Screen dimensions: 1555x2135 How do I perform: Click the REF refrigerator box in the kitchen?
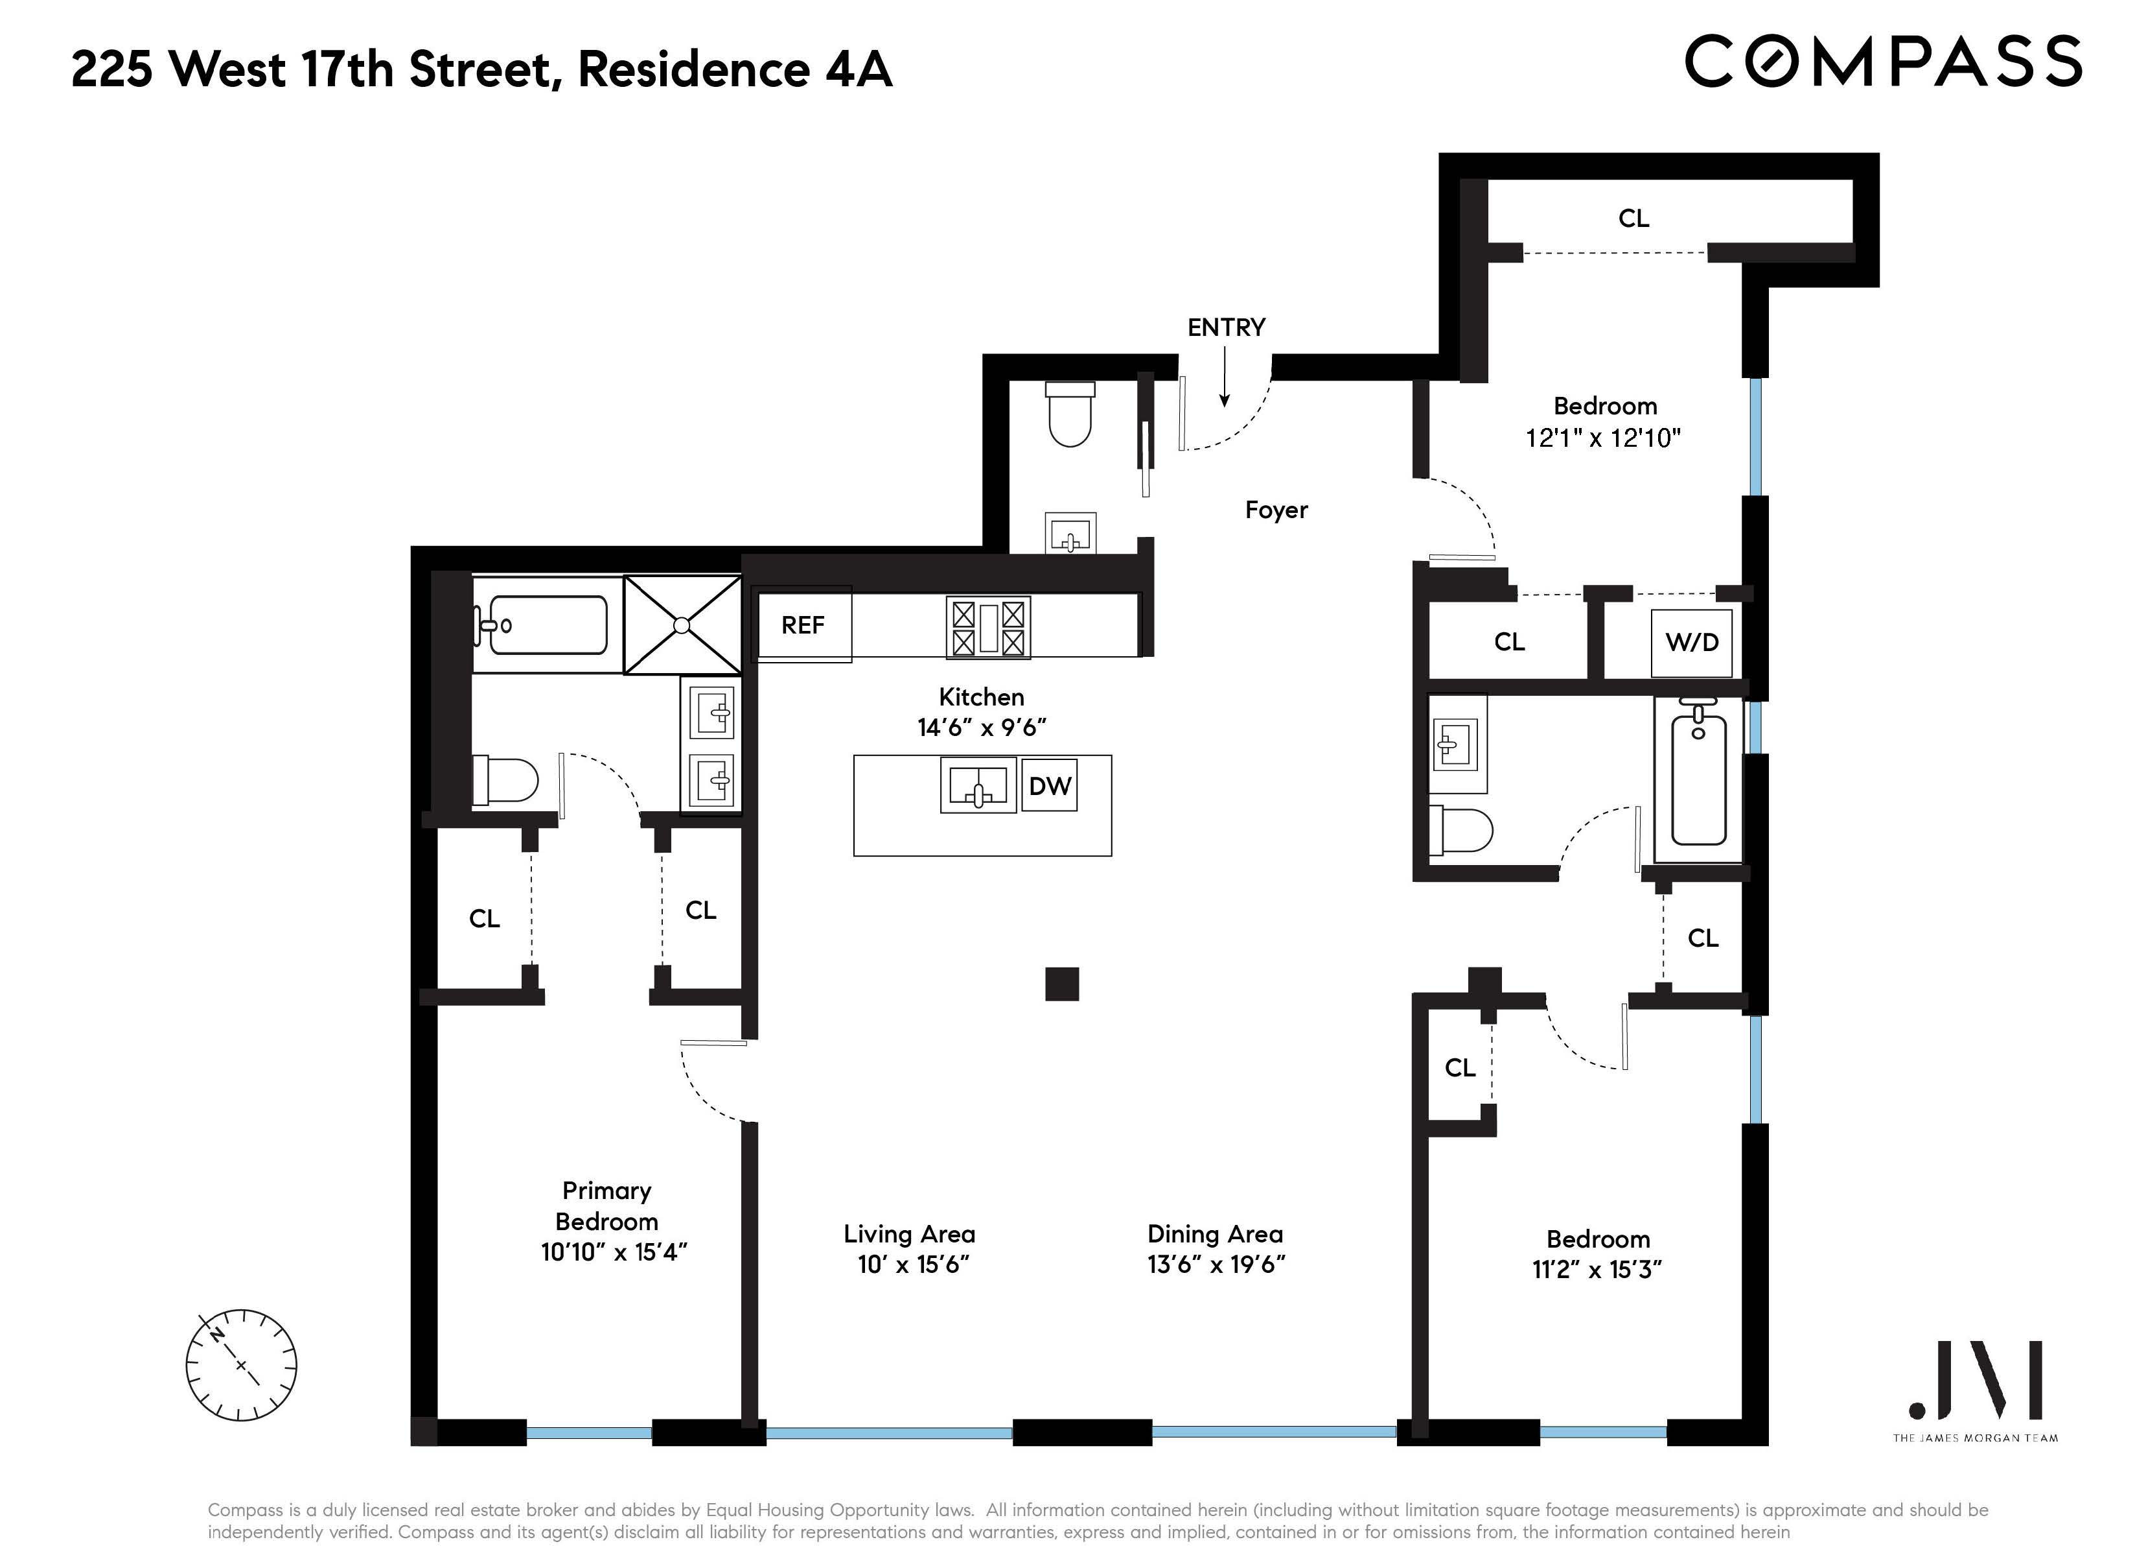[x=803, y=625]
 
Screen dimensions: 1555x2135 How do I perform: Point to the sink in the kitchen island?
[x=978, y=785]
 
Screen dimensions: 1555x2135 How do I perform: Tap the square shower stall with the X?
[x=682, y=625]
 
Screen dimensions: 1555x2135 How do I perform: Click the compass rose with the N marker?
[x=241, y=1366]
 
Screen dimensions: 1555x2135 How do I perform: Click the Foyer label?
[x=1276, y=510]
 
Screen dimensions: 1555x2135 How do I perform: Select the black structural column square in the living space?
[x=1062, y=984]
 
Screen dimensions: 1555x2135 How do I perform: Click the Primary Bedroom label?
[x=607, y=1207]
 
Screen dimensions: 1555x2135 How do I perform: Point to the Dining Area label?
[x=1214, y=1234]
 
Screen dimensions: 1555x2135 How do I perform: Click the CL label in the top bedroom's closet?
[x=1633, y=219]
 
